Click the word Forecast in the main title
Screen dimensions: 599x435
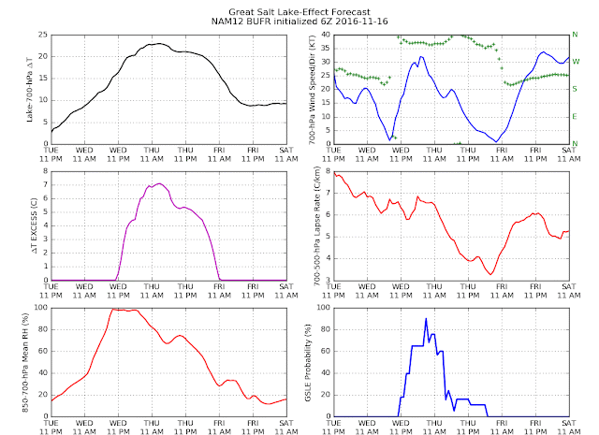[x=349, y=12]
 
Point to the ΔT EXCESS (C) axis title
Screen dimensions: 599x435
[x=35, y=225]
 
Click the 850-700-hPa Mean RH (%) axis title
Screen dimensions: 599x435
[x=25, y=362]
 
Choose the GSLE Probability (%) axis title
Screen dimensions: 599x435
[x=308, y=363]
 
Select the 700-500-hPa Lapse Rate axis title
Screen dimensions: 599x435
[x=316, y=226]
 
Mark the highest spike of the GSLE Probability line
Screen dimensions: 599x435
[x=426, y=318]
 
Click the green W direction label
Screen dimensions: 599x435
[x=576, y=62]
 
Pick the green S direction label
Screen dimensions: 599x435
[x=575, y=89]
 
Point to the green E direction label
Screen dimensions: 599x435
[x=574, y=117]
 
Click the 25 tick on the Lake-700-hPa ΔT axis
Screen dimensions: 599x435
[x=43, y=35]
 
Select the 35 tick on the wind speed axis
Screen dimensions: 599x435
[x=326, y=49]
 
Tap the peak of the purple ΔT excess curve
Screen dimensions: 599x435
[x=160, y=183]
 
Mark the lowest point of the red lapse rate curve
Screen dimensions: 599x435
[x=490, y=274]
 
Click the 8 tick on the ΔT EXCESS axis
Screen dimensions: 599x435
[x=46, y=171]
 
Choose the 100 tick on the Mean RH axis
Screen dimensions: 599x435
[x=41, y=308]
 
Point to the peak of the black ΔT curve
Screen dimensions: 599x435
[x=159, y=44]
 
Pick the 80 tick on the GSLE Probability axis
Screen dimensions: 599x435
[x=326, y=329]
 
